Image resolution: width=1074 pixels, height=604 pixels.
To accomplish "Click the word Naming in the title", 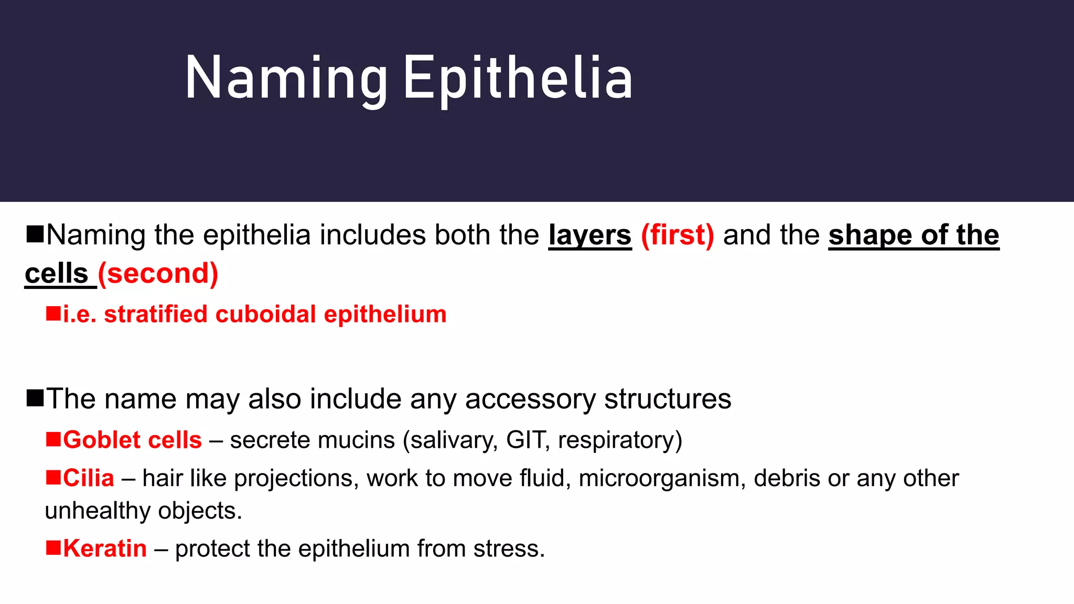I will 286,79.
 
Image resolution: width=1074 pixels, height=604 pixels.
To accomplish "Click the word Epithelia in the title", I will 518,79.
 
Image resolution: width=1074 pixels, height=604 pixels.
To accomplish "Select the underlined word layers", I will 590,235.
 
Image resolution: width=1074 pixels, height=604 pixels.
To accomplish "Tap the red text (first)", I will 677,235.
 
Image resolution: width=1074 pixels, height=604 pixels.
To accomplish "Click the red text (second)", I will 158,273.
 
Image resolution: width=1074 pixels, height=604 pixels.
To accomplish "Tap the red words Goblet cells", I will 132,440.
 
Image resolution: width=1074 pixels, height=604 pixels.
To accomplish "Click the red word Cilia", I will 88,478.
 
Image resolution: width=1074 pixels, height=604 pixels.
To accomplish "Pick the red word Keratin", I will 105,548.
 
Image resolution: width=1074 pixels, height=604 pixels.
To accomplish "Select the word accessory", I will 530,399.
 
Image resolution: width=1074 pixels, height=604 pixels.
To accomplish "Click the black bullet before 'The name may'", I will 35,398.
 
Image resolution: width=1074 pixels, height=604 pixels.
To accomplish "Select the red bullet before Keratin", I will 53,547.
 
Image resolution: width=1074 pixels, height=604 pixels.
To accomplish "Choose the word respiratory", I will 619,440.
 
